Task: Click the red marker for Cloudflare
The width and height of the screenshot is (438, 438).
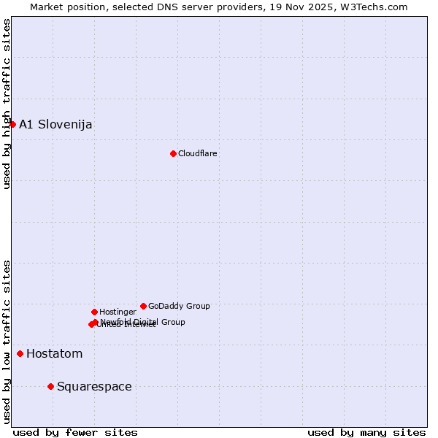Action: (173, 153)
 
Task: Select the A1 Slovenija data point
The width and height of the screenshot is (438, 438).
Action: (12, 124)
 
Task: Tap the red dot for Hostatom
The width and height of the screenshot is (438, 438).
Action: (20, 354)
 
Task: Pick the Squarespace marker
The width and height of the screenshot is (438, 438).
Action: (50, 386)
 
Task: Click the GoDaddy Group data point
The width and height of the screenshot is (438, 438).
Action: (143, 306)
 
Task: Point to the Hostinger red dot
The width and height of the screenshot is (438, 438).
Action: (94, 312)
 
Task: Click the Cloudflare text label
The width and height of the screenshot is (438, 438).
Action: (197, 153)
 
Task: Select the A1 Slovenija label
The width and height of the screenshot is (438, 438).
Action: (55, 124)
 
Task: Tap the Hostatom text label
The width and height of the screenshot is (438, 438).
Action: (54, 354)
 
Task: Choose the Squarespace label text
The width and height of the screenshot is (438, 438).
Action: (94, 386)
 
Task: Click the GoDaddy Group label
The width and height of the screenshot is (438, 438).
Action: (179, 306)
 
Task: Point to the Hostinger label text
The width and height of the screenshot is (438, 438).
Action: (118, 312)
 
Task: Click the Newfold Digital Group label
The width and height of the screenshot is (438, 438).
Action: (142, 322)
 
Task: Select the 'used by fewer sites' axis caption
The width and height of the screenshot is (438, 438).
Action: (75, 432)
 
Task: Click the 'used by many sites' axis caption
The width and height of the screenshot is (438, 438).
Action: (366, 432)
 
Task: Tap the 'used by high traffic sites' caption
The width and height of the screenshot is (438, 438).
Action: (7, 104)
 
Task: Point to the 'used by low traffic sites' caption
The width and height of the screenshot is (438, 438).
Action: (7, 342)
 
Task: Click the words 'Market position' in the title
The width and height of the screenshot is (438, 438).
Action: (65, 7)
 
